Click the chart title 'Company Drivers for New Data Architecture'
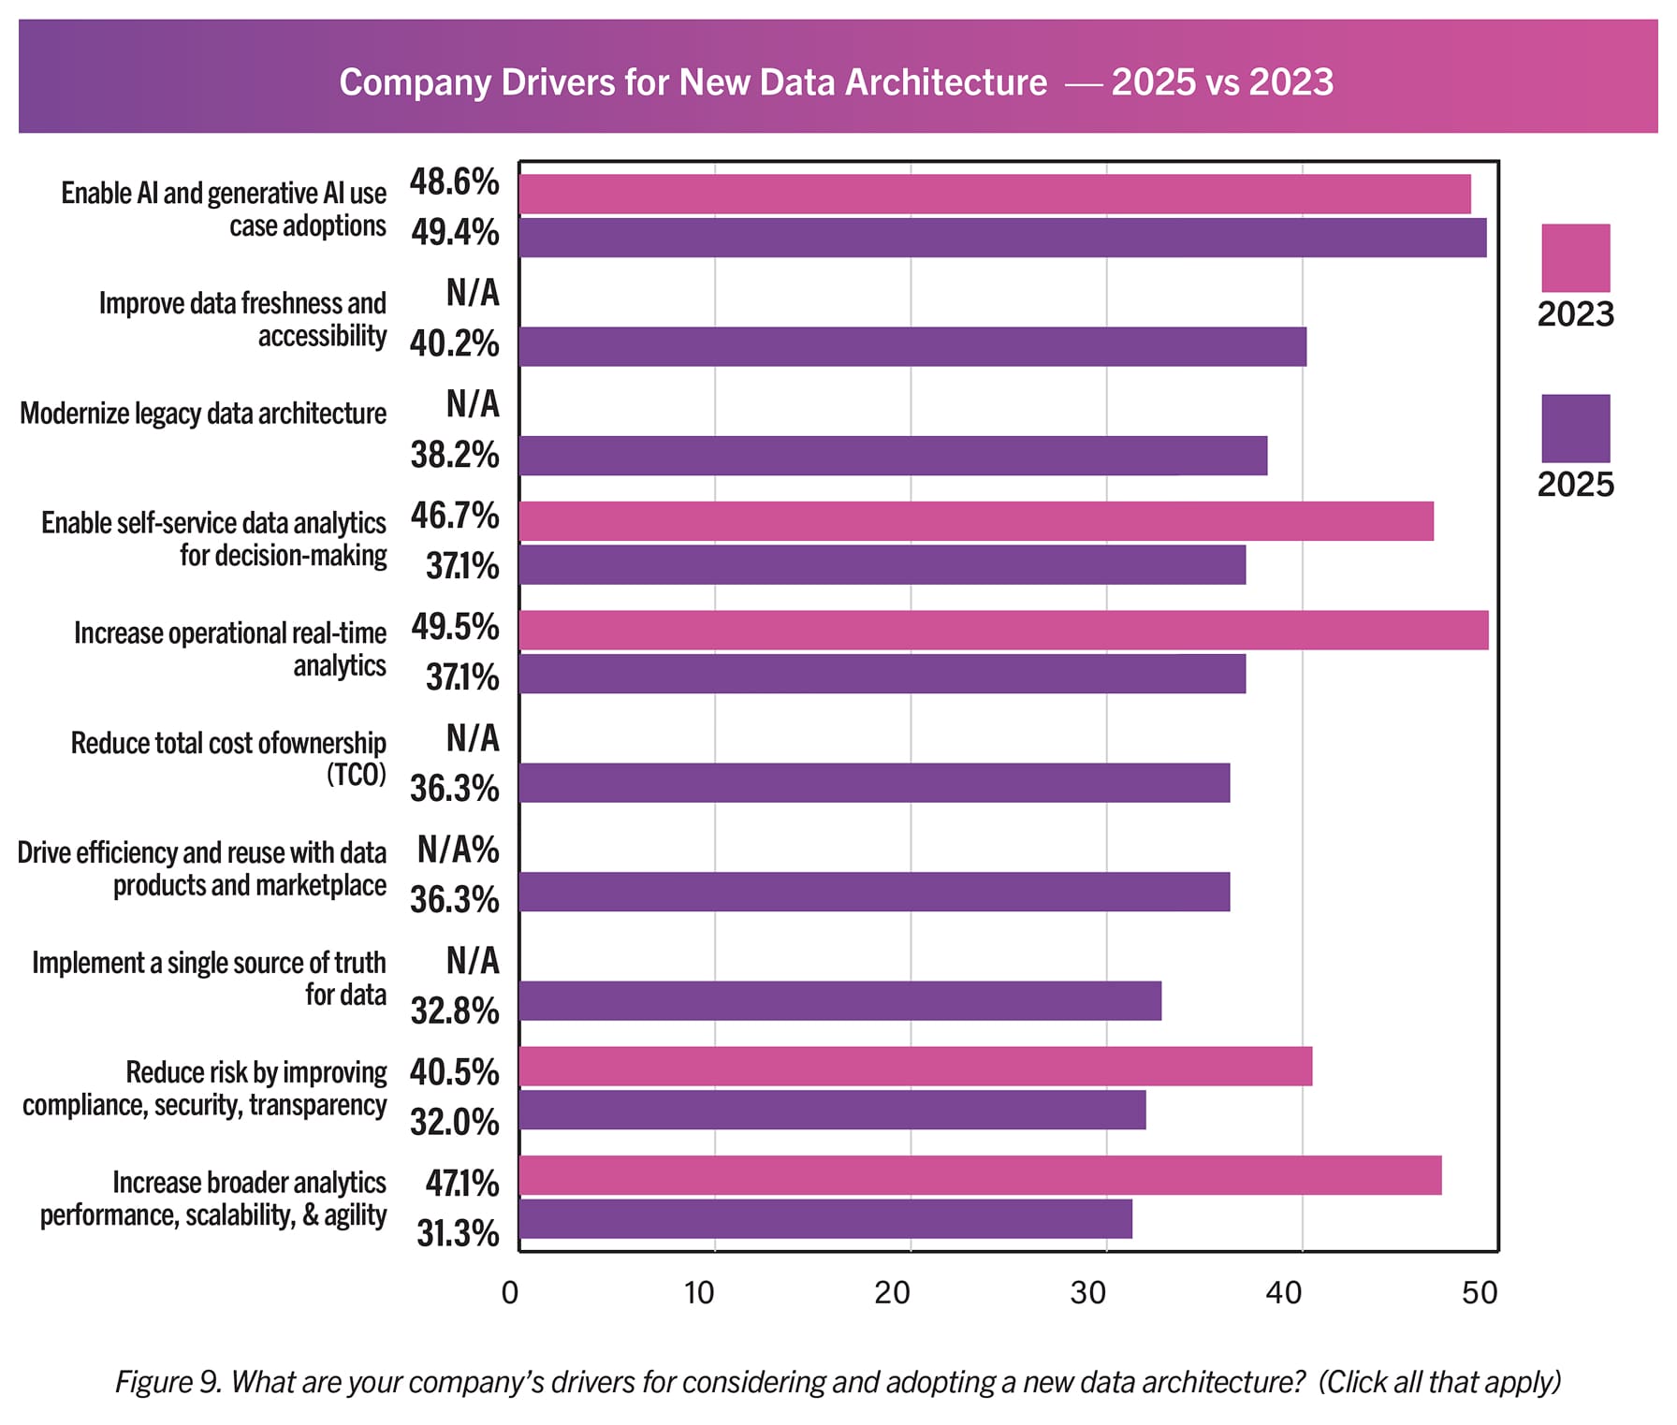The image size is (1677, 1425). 693,82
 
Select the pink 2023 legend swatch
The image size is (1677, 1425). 1575,257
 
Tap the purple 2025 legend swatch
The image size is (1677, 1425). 1575,428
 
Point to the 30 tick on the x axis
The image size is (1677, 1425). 1088,1293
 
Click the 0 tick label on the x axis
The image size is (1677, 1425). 510,1293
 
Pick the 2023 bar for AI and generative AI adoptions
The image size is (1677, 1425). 994,194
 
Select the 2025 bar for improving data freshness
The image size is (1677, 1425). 912,346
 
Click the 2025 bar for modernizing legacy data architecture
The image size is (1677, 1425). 893,456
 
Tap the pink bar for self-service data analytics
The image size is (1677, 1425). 976,521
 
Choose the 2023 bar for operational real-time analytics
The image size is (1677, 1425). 1003,630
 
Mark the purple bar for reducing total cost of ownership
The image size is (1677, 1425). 874,782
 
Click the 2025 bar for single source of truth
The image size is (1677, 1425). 839,1001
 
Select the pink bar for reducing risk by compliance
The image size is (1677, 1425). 915,1067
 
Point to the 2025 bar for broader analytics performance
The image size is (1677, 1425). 825,1219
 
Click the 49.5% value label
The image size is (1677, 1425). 455,628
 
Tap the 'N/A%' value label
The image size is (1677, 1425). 458,850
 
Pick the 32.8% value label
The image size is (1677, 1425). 455,1011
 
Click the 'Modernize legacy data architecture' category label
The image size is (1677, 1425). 203,414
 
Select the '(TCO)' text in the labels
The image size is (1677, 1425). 356,776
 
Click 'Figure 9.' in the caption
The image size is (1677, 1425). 168,1382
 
